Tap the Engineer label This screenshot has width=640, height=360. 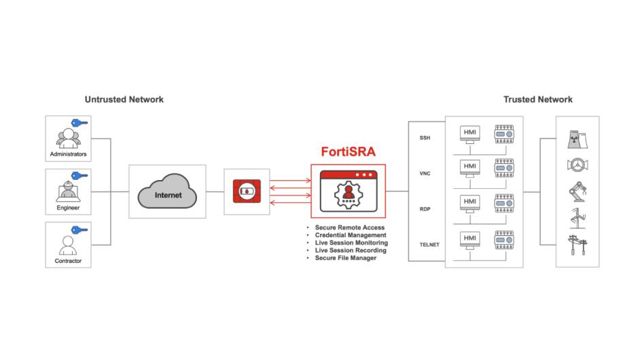(x=68, y=208)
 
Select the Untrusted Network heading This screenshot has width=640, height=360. (x=124, y=99)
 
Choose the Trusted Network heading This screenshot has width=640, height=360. (x=537, y=99)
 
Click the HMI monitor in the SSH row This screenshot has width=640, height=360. (x=469, y=132)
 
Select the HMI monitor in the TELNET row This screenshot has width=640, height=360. (x=469, y=239)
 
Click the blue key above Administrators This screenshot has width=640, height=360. (x=82, y=123)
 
